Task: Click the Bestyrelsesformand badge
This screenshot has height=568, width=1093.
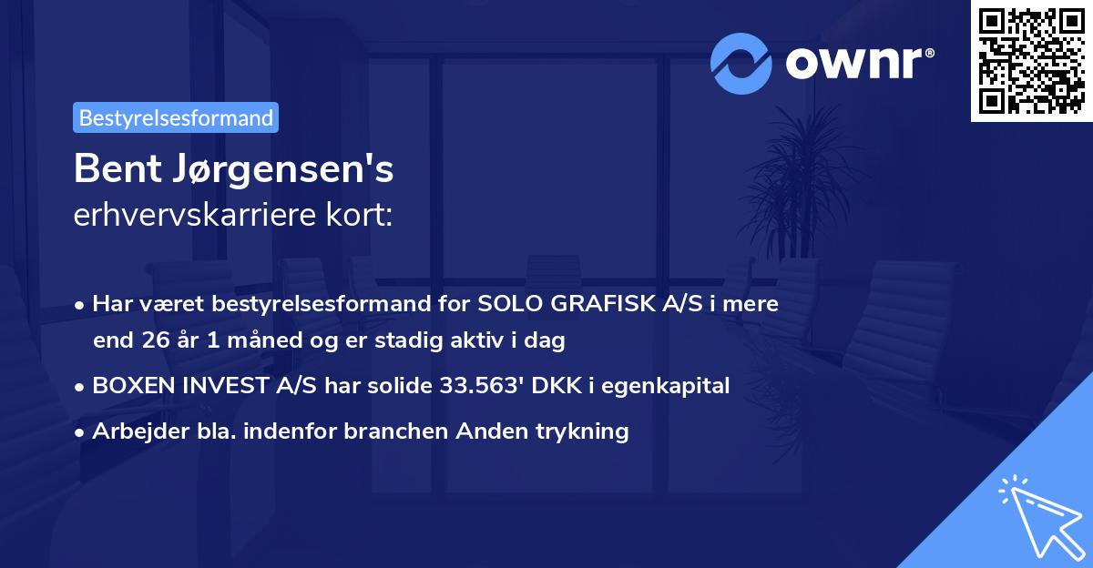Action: [176, 117]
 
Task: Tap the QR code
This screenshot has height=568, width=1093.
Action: [1031, 60]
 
